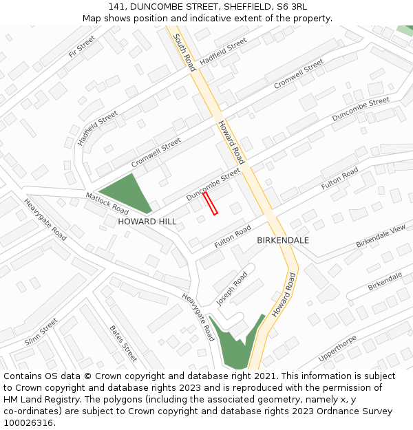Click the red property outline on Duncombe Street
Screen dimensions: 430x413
(210, 203)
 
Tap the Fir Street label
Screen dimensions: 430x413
(81, 47)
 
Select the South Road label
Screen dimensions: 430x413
(184, 52)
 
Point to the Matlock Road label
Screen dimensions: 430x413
(107, 202)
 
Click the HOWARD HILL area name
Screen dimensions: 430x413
(147, 222)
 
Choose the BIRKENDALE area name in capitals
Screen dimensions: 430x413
(283, 240)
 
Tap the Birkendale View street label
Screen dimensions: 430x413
(381, 236)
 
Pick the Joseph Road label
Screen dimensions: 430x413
(231, 289)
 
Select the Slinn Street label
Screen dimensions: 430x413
(41, 332)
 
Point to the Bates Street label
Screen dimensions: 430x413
(123, 343)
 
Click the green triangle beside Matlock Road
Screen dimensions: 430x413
(127, 192)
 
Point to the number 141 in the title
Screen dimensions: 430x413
(116, 7)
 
